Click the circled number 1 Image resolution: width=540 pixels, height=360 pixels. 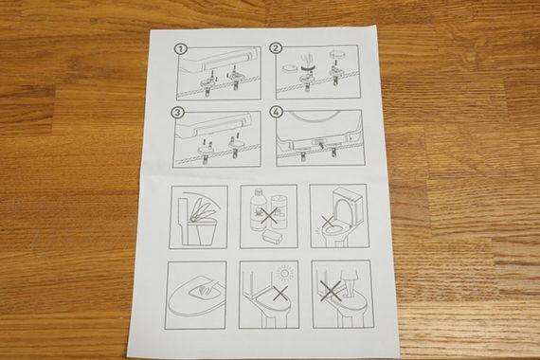coord(181,49)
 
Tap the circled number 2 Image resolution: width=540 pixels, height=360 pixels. coord(276,48)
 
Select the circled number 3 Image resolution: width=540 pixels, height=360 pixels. coord(178,113)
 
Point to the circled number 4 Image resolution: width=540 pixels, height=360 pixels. coord(277,112)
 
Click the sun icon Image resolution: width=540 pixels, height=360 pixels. coord(285,274)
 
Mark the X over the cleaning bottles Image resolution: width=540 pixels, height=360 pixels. coord(269,215)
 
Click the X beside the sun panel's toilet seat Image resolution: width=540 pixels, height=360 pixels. coord(280,294)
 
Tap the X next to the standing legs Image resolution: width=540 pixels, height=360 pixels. coord(330,292)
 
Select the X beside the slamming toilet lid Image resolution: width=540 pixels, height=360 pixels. coord(328,222)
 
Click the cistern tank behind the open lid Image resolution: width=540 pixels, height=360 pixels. coord(347,204)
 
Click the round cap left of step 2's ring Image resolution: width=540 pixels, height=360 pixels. coord(289,68)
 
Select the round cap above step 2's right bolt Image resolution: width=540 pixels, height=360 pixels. coord(337,55)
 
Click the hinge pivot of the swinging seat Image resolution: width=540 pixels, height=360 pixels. coord(195,219)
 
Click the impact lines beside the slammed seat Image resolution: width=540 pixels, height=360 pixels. coord(317,232)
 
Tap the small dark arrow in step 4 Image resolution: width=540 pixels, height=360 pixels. coord(322,146)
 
